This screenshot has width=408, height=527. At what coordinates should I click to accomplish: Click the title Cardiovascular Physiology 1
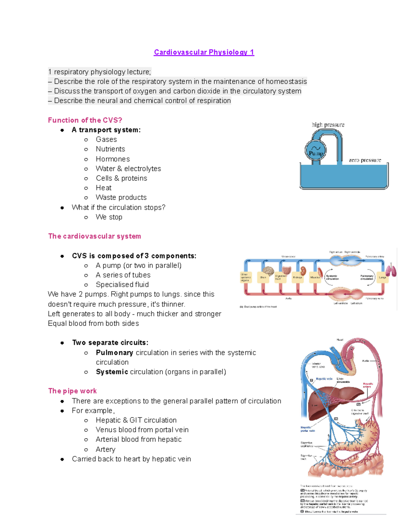[x=204, y=52]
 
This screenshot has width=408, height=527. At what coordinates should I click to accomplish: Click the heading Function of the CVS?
[x=85, y=120]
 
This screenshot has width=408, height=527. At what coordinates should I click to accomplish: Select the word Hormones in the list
[x=113, y=159]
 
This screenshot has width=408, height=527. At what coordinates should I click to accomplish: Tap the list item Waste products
[x=121, y=197]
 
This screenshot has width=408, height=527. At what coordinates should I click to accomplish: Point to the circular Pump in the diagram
[x=316, y=151]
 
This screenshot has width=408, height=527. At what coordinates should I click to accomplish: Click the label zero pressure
[x=365, y=160]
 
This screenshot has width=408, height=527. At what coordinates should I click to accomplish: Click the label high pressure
[x=328, y=125]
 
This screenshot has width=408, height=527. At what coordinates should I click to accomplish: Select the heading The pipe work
[x=72, y=391]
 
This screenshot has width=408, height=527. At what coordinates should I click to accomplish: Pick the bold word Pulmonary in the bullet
[x=114, y=353]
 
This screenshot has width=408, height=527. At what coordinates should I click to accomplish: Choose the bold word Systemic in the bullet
[x=112, y=372]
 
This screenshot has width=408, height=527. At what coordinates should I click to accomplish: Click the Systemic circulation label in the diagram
[x=332, y=277]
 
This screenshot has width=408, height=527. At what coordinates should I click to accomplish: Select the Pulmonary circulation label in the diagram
[x=367, y=277]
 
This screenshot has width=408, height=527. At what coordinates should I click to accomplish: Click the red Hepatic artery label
[x=368, y=385]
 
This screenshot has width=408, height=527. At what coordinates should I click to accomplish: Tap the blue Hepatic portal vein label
[x=308, y=429]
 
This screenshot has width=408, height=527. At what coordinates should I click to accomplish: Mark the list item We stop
[x=109, y=217]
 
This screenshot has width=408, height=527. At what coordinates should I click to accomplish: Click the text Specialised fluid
[x=122, y=285]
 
